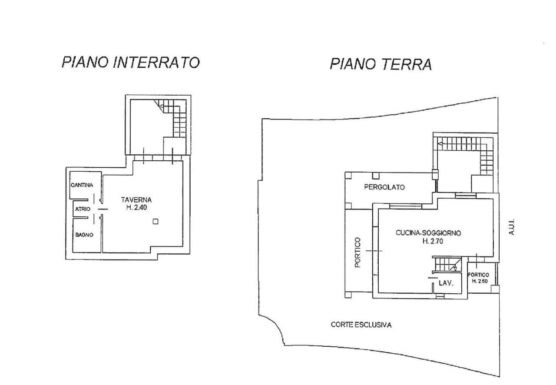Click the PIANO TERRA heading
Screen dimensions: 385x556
[x=381, y=64]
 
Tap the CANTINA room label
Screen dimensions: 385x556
[x=82, y=186]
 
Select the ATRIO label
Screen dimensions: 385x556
[x=83, y=209]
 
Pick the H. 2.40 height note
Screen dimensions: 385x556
[x=136, y=208]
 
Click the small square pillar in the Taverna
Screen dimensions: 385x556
[x=155, y=222]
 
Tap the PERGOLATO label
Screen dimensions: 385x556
[x=384, y=187]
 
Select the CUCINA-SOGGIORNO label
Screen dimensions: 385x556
[x=428, y=233]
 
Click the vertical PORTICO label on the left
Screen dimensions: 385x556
[x=357, y=252]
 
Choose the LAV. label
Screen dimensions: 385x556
[x=446, y=283]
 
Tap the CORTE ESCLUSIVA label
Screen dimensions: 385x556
[x=361, y=325]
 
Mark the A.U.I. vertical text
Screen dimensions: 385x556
[x=512, y=227]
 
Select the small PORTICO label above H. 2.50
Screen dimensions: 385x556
[x=478, y=275]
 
